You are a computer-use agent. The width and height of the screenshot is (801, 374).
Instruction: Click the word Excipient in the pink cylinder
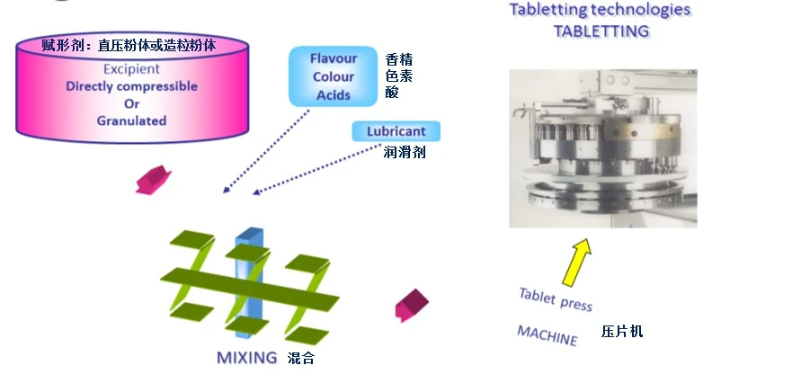[131, 68]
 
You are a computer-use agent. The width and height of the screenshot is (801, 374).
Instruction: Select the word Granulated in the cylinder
[131, 120]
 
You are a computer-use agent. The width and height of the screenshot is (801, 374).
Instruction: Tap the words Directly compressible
[131, 86]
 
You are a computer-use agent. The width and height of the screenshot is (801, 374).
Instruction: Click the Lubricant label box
[396, 132]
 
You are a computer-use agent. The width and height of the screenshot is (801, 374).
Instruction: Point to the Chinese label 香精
[398, 59]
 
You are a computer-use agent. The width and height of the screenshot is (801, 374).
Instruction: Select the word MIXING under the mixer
[246, 357]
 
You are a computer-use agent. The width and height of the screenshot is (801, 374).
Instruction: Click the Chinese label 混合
[301, 358]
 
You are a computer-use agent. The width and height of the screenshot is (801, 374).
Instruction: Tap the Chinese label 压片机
[622, 332]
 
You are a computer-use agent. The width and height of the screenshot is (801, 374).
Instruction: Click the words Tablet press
[556, 299]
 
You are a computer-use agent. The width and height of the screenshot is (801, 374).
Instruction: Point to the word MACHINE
[547, 335]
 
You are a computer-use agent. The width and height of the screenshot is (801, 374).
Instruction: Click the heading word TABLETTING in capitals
[600, 31]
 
